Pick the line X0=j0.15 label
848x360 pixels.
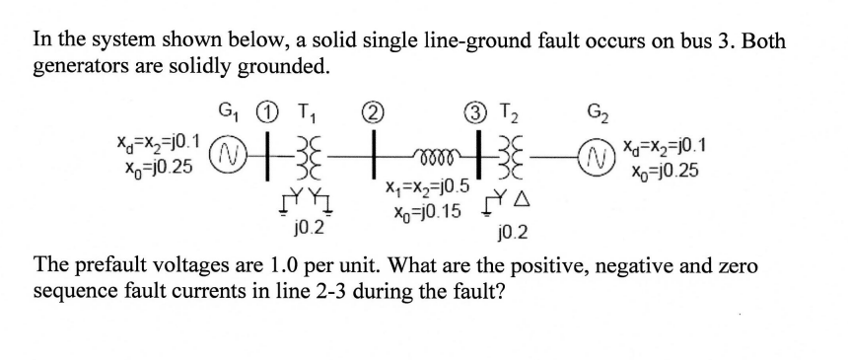(x=418, y=208)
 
